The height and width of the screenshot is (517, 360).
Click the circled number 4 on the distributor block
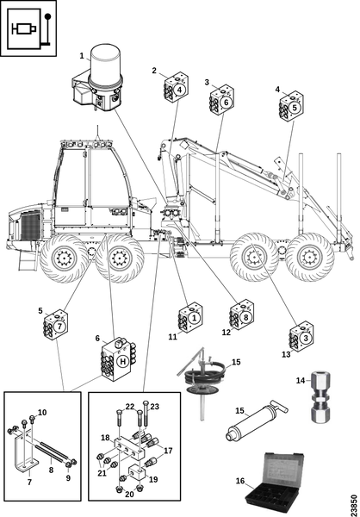tap(179, 90)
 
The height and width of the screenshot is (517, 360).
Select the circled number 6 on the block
tap(226, 103)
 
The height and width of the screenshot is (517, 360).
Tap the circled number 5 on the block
tap(295, 108)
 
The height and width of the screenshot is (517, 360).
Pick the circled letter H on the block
tap(122, 362)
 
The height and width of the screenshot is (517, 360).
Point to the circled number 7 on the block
tap(59, 327)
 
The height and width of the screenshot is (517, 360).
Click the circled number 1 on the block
tap(194, 318)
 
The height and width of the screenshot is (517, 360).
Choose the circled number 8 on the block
tap(245, 317)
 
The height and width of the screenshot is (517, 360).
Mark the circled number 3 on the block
tap(306, 338)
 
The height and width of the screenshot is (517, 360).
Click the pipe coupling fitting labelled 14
tap(320, 396)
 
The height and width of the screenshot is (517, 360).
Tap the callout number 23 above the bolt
tap(155, 407)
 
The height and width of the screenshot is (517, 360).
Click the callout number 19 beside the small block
tap(153, 479)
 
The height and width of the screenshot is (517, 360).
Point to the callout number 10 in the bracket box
tap(42, 413)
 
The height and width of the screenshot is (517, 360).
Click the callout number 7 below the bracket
tap(29, 482)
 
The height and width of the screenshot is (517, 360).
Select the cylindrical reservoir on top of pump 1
tap(105, 63)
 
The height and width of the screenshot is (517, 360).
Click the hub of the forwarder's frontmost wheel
tap(64, 258)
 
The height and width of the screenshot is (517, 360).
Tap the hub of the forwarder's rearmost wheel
tap(310, 257)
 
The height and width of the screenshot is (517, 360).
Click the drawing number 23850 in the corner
tap(354, 503)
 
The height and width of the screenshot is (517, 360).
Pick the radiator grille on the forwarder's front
tap(31, 225)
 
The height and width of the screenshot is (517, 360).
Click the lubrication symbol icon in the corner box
tap(28, 28)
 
